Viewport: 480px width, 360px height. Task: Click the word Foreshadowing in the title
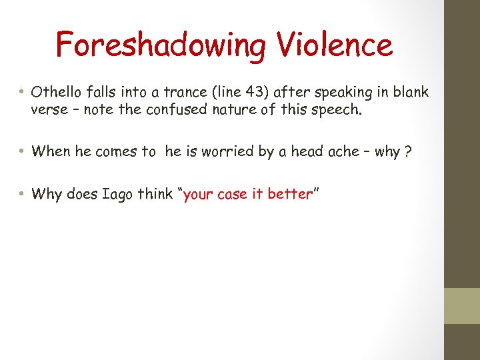tap(160, 45)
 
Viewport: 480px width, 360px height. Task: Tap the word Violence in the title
tap(331, 45)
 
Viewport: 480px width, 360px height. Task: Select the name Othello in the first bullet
tap(55, 92)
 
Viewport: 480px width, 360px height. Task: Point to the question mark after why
tap(408, 151)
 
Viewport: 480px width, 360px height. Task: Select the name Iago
tap(115, 194)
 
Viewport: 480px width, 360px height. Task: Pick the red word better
tap(290, 194)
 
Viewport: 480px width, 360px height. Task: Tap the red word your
tap(197, 194)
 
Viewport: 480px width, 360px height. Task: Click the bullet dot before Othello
tap(22, 92)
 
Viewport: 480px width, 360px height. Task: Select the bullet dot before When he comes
tap(22, 151)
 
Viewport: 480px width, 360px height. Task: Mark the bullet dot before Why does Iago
tap(22, 194)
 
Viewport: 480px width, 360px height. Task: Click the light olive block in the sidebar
tap(462, 305)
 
